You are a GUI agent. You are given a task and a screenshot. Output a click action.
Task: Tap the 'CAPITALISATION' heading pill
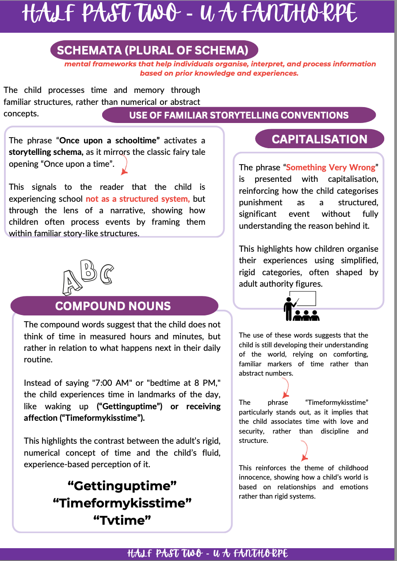point(319,139)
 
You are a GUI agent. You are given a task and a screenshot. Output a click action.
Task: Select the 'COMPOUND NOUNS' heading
point(113,306)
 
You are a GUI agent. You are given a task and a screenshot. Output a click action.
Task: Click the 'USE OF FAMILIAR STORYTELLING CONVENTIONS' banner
point(239,115)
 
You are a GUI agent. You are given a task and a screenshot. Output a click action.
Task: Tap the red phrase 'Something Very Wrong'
point(331,168)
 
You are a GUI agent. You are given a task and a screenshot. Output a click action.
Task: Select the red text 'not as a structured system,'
point(137,199)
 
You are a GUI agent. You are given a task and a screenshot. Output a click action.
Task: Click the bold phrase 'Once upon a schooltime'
point(110,141)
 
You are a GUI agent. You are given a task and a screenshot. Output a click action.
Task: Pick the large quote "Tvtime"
point(122,520)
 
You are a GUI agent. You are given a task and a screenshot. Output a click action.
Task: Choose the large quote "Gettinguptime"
point(122,486)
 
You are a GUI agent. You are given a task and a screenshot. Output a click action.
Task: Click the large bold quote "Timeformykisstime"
point(122,503)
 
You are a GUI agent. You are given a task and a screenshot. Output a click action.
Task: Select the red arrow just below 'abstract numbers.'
point(286,388)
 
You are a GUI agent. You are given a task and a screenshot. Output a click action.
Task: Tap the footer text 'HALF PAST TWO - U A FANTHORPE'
point(207,553)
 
